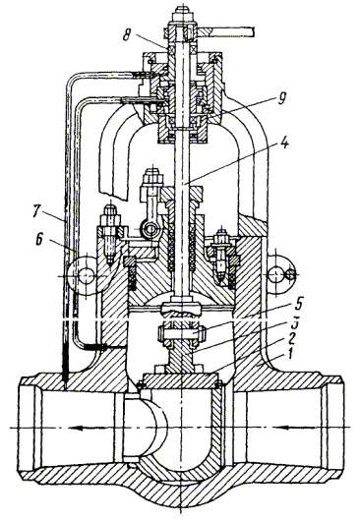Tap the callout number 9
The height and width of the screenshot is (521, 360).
(x=281, y=98)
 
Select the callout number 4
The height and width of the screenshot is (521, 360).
(x=284, y=144)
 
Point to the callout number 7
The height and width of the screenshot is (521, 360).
(x=38, y=211)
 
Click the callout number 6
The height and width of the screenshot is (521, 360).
(x=39, y=240)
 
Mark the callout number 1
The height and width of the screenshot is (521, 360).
(x=290, y=355)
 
